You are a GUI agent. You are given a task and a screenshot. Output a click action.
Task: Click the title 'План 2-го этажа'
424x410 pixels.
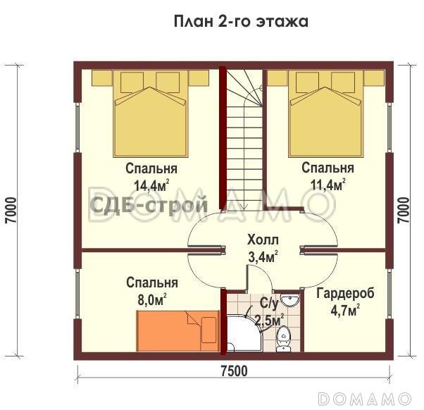pos(241,21)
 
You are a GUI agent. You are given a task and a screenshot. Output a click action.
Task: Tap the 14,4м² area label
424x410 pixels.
pos(151,186)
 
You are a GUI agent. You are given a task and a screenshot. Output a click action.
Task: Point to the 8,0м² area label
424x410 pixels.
pos(151,299)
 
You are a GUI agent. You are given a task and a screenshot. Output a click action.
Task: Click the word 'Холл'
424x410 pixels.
pos(263,240)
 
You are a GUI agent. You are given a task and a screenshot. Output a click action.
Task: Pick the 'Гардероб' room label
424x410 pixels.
pos(345,293)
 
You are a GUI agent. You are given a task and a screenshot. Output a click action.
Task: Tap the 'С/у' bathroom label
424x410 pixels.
pos(268,304)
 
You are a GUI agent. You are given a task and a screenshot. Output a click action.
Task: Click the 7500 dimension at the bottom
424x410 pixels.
pos(232,371)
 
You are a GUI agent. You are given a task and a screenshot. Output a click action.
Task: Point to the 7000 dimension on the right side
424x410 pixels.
pos(403,210)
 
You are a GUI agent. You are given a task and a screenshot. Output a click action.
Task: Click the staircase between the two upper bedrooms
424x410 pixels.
pos(244,134)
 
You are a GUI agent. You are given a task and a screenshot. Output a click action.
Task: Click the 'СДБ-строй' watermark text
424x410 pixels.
pos(148,206)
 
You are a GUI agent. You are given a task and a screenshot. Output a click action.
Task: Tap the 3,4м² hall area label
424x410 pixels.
pos(263,256)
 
